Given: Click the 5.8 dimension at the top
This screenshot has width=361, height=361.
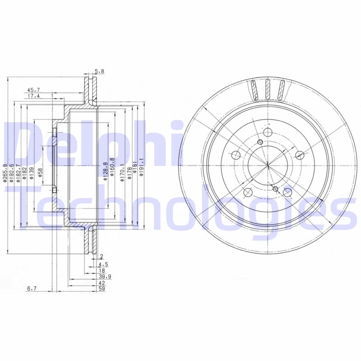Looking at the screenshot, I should coord(99,71).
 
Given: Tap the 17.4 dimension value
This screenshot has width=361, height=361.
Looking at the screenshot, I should coord(33,96).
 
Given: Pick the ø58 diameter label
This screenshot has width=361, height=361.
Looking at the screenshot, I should coord(40,173).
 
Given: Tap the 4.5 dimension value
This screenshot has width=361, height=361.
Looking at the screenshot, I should coord(102,264).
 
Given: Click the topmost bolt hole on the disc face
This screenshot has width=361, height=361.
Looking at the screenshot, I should coord(268,132).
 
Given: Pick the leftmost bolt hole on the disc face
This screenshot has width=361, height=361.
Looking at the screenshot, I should coord(236,156).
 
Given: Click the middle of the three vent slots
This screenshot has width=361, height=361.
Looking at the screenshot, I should coord(268,90).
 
